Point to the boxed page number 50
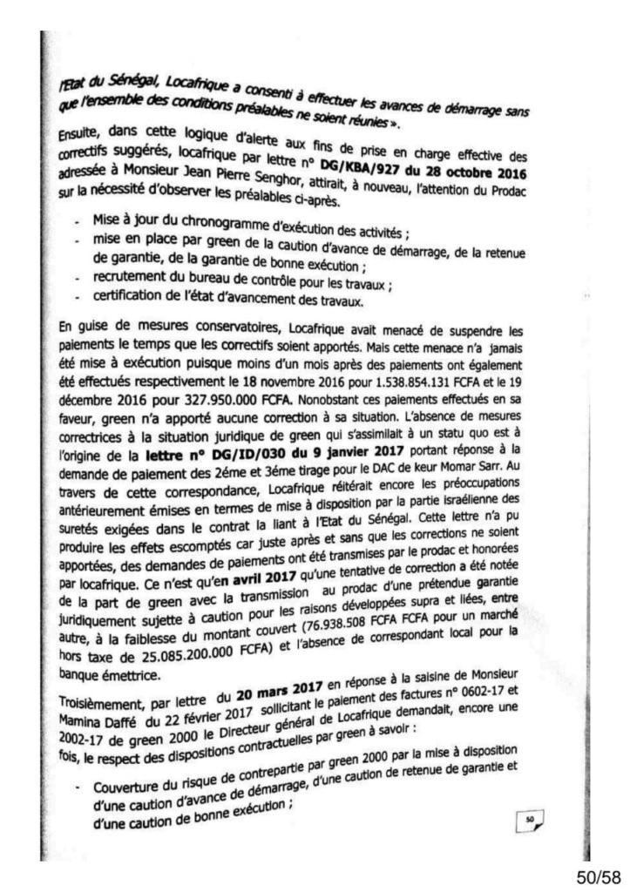[530, 816]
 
